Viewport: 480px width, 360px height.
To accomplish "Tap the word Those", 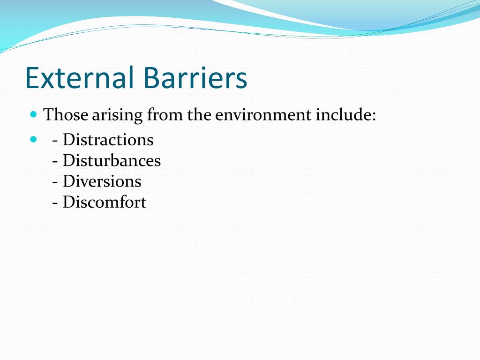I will point(66,115).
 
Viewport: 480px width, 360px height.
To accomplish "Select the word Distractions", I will point(108,140).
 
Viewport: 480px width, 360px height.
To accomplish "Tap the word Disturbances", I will point(112,161).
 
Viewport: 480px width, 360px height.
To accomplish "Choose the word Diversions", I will point(102,181).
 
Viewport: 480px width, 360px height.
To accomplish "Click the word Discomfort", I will point(105,202).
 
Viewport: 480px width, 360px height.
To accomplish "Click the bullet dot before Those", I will point(33,114).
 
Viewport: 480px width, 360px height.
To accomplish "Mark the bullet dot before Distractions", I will point(33,139).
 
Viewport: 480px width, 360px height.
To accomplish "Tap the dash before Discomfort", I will point(56,203).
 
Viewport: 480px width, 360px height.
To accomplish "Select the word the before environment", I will point(200,115).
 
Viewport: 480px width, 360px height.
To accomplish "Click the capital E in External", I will point(31,78).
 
